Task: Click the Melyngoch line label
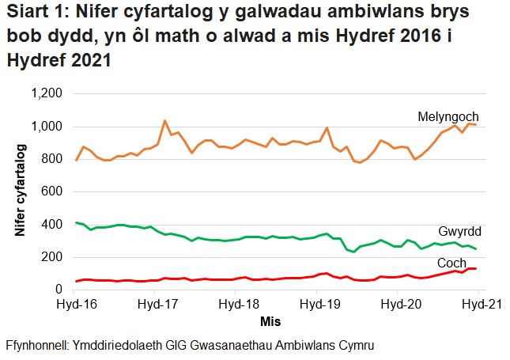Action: (448, 117)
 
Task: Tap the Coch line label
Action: (451, 262)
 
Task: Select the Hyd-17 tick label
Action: (157, 304)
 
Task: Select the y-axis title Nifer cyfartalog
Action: (20, 192)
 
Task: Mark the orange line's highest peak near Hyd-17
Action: (164, 121)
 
